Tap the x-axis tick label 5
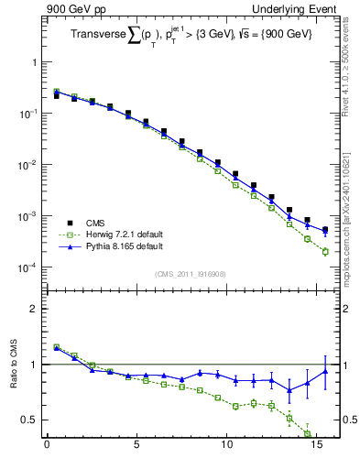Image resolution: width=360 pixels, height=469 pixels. [x=136, y=449]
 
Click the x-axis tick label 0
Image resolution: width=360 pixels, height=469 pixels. [x=47, y=449]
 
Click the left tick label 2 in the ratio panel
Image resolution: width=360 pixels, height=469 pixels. [x=34, y=309]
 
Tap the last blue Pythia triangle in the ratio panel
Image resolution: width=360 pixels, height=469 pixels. [x=325, y=371]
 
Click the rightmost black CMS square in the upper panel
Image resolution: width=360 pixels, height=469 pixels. [x=325, y=229]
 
